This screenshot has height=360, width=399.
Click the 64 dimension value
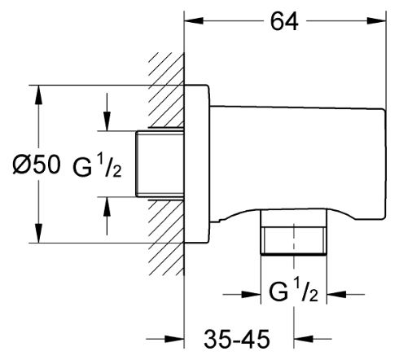pos(284,21)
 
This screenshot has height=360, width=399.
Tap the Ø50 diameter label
pos(37,165)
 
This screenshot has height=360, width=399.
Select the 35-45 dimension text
pos(237,339)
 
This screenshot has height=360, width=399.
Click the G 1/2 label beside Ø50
pos(97,167)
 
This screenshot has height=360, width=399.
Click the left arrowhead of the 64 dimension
pos(194,20)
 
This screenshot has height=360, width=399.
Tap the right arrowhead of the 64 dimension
pos(376,20)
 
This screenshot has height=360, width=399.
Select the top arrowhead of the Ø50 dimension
pos(39,94)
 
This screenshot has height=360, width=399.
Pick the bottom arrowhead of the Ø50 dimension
pos(39,233)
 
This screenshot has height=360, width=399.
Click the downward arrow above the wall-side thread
pos(107,112)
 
